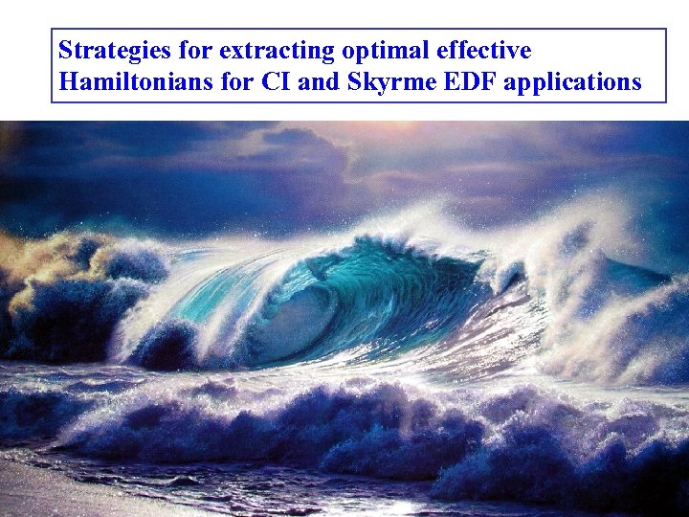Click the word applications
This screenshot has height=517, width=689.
pos(572,82)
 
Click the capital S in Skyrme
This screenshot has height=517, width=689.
pos(350,82)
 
